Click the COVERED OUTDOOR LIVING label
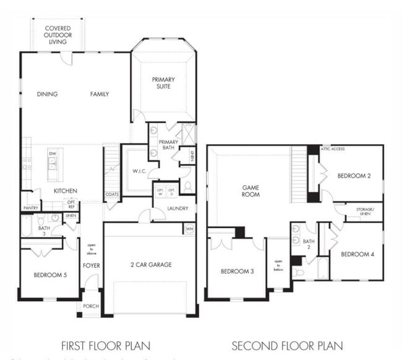pos(58,35)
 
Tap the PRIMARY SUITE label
pos(163,83)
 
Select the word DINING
pos(47,95)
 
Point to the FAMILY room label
pos(100,95)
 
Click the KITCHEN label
pos(64,191)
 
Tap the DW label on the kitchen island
pos(53,153)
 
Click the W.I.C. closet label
pos(138,171)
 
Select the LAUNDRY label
pos(177,208)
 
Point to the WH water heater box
pos(189,228)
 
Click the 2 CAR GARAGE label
pos(152,265)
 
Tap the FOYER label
pos(92,265)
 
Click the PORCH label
pos(91,306)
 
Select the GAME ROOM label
pos(250,191)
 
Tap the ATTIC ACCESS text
pos(333,149)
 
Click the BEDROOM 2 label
pos(354,176)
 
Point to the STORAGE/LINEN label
pos(363,211)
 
